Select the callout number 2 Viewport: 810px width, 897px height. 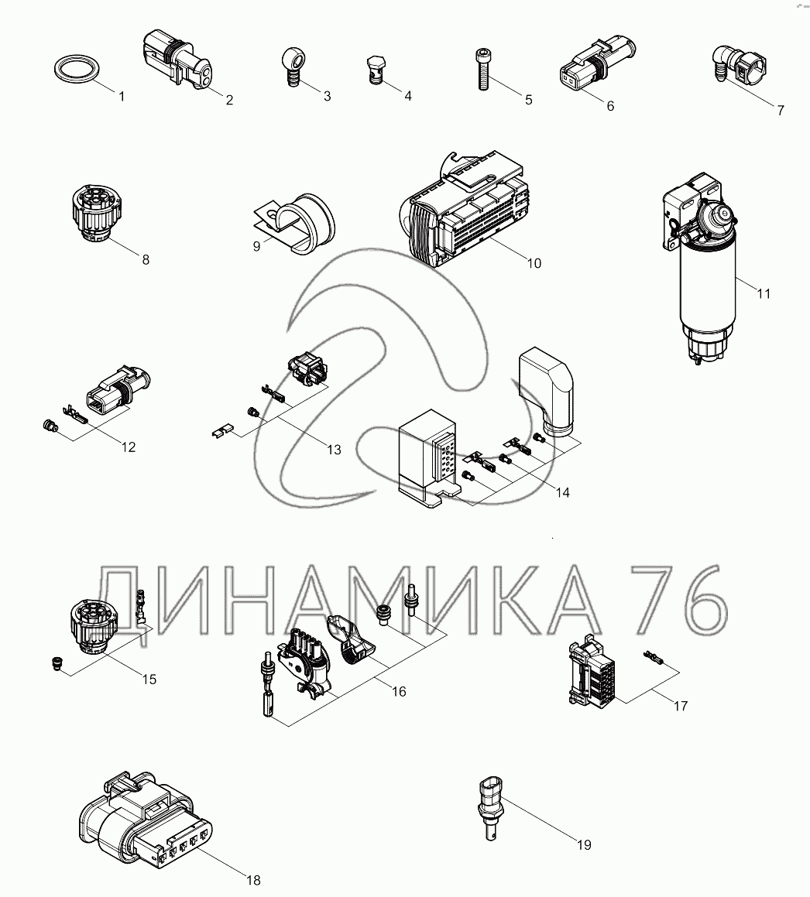(x=229, y=100)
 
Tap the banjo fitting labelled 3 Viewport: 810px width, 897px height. (x=291, y=67)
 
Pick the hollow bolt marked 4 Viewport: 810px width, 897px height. (x=375, y=70)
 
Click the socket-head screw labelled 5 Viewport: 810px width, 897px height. (x=482, y=69)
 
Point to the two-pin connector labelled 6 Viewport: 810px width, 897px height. (x=596, y=65)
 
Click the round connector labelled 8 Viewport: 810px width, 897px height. (x=97, y=213)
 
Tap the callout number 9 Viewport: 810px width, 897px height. (x=256, y=246)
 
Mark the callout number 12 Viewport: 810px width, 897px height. (x=129, y=447)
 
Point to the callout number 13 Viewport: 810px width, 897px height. (x=334, y=450)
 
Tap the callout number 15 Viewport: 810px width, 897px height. (x=149, y=679)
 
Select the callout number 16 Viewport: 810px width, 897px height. (x=398, y=692)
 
